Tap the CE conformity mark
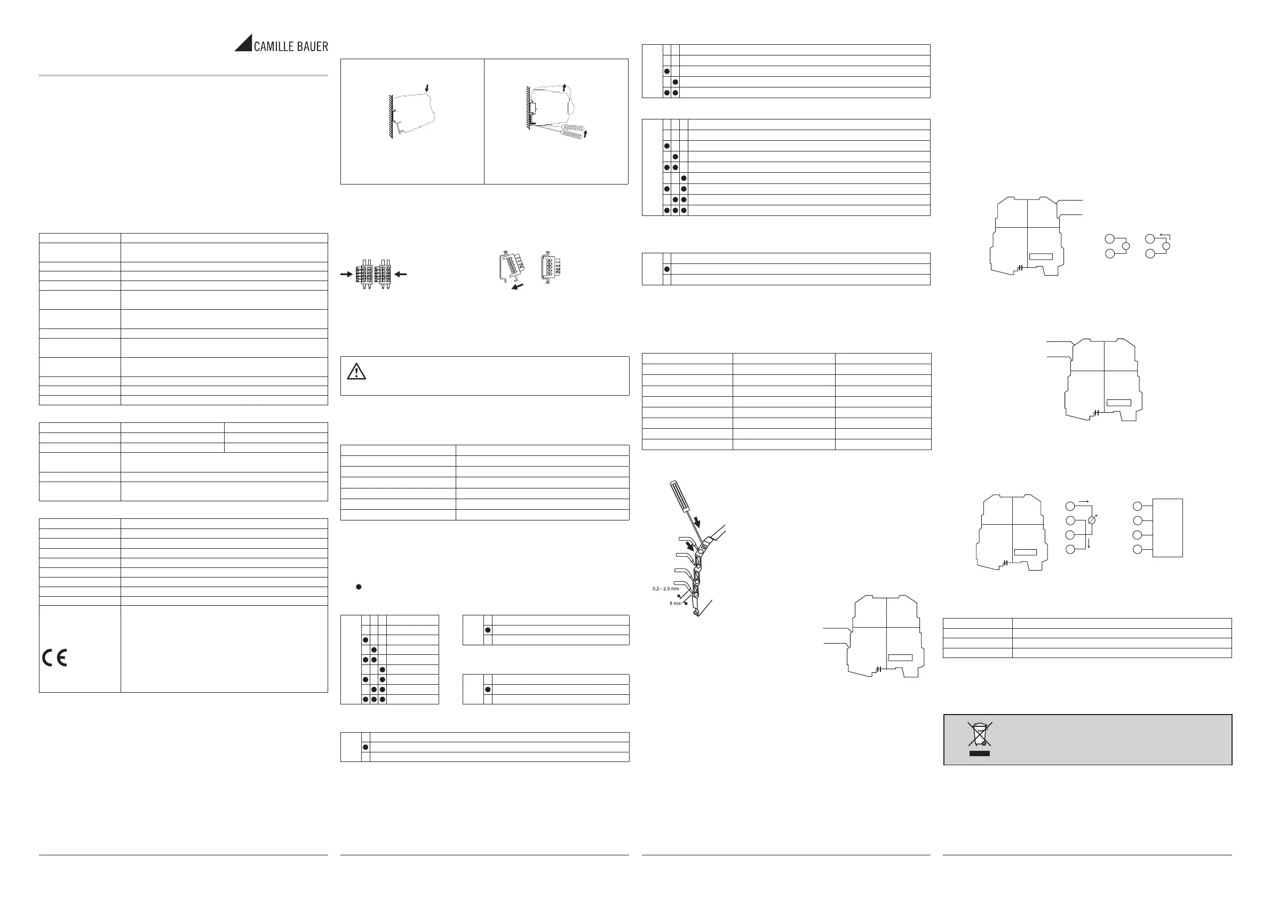(x=55, y=658)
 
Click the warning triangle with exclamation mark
(x=356, y=371)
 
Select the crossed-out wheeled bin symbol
(x=979, y=734)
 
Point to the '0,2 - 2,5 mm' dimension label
(x=665, y=589)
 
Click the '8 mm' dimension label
(x=676, y=603)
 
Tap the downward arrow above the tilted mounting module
(x=426, y=88)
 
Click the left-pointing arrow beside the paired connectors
(x=400, y=274)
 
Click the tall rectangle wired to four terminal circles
(x=1167, y=527)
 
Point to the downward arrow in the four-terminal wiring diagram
(x=1089, y=543)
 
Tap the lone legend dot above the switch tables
(x=359, y=587)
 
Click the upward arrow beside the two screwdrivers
(x=585, y=133)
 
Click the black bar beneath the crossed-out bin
(x=979, y=753)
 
